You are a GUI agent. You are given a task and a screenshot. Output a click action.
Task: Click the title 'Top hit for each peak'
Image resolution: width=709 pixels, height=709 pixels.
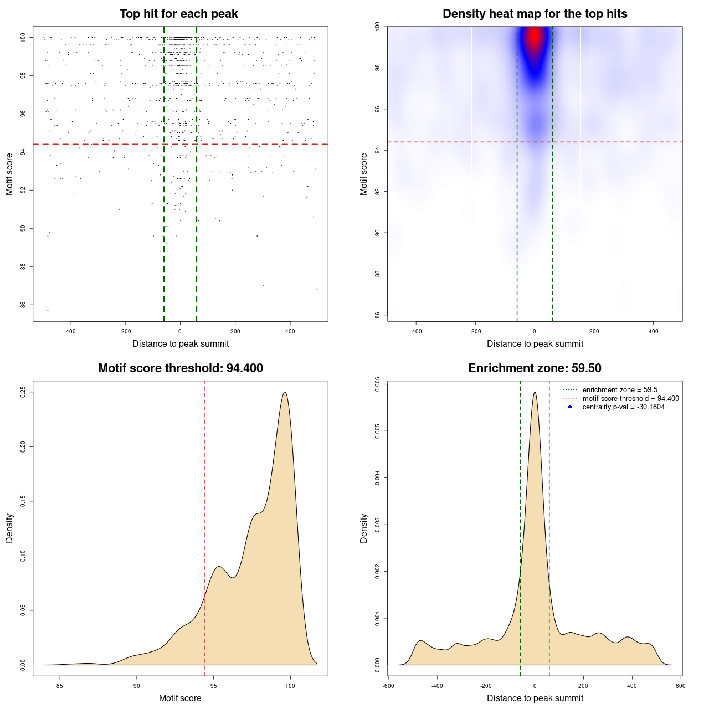[179, 14]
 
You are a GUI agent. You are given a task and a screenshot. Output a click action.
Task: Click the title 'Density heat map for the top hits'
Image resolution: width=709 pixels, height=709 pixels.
[535, 14]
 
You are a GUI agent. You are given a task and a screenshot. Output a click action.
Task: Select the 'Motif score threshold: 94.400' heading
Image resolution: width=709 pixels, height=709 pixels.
[180, 368]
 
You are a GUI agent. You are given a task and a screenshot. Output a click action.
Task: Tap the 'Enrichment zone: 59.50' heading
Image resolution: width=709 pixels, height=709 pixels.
[535, 368]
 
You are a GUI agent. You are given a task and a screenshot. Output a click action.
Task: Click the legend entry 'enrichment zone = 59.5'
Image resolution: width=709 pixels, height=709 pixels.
[620, 390]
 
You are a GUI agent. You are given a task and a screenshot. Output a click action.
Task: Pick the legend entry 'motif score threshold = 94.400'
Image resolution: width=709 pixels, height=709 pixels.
[630, 398]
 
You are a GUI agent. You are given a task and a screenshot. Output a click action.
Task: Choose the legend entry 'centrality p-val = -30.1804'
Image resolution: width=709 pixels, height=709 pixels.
[623, 407]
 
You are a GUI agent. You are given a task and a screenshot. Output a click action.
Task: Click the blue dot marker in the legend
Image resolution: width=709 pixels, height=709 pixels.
[570, 407]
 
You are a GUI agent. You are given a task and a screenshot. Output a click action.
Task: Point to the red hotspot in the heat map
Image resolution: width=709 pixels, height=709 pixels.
[534, 38]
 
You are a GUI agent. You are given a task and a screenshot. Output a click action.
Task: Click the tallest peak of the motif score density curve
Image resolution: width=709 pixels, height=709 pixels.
[285, 392]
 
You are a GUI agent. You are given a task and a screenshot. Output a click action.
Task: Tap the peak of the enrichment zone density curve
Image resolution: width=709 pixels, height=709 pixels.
[535, 392]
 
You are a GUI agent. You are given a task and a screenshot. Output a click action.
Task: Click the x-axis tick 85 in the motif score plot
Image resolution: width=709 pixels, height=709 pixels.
[60, 685]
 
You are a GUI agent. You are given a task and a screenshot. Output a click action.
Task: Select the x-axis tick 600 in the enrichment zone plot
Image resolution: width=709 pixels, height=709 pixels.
[681, 685]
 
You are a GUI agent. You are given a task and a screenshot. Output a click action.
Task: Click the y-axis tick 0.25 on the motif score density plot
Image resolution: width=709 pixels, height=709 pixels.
[23, 392]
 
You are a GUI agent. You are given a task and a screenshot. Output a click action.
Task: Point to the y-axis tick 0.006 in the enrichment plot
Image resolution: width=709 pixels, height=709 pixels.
[377, 384]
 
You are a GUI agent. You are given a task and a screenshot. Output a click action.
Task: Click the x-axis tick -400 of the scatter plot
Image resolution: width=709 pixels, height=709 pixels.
[70, 331]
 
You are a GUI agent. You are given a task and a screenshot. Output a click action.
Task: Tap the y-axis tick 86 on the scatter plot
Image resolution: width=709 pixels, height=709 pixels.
[23, 305]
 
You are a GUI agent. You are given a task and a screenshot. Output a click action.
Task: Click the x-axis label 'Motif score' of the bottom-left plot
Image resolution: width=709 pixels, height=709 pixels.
[180, 698]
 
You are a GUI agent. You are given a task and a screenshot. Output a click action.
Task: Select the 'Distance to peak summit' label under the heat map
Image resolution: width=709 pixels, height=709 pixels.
[535, 343]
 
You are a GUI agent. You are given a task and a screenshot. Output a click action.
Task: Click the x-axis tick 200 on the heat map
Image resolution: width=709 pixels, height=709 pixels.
[594, 331]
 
